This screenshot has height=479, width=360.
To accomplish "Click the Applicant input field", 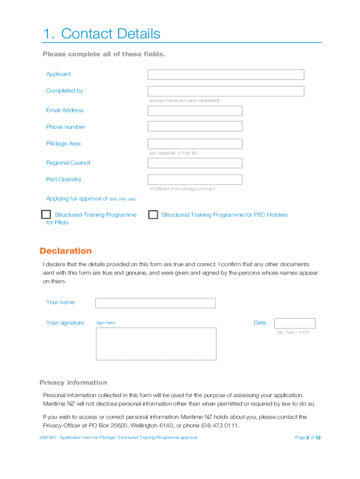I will click(x=226, y=74).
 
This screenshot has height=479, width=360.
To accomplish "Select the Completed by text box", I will click(x=226, y=91).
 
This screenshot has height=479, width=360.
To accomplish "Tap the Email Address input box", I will click(x=195, y=111).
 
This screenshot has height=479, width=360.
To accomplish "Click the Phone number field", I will click(x=195, y=126).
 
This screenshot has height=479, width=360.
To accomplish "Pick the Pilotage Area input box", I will click(x=195, y=144).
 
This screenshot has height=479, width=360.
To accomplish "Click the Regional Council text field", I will click(x=195, y=163).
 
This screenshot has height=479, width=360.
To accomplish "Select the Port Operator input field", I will click(x=195, y=180).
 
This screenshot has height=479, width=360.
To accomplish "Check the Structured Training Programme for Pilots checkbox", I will click(x=46, y=215).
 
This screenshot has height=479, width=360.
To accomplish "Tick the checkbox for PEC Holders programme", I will click(x=153, y=215).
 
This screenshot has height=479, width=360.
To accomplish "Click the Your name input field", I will click(x=155, y=303).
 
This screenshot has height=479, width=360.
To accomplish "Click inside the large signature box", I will click(x=156, y=344).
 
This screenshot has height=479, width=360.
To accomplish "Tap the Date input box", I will click(x=295, y=323).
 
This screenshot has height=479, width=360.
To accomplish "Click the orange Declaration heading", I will click(x=65, y=251).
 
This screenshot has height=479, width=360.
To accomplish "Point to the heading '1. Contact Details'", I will click(x=101, y=34).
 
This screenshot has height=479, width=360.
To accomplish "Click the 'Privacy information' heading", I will click(x=73, y=383).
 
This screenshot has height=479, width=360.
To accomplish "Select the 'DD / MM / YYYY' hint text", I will click(x=293, y=333).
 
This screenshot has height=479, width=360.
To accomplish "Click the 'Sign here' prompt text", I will click(x=105, y=323).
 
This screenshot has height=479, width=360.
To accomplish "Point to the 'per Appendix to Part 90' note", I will click(x=173, y=153).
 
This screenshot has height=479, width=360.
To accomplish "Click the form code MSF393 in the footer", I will click(x=47, y=438).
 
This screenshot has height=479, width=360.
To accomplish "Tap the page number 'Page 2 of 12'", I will click(x=308, y=438).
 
